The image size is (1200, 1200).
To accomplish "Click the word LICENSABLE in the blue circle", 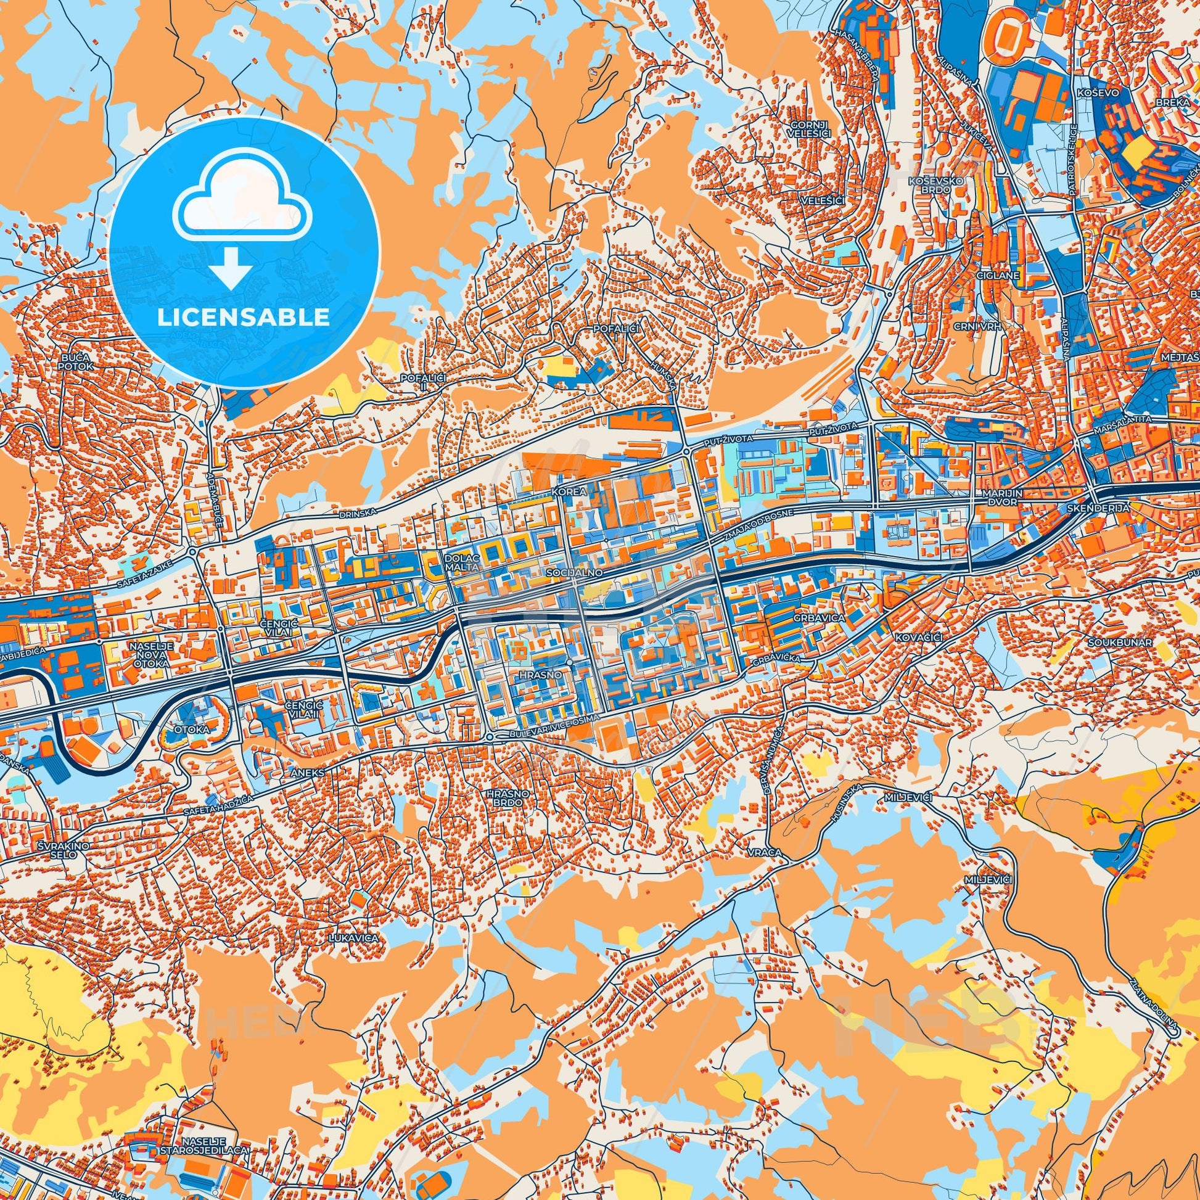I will [243, 318].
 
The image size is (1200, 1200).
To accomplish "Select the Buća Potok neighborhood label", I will [76, 362].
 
